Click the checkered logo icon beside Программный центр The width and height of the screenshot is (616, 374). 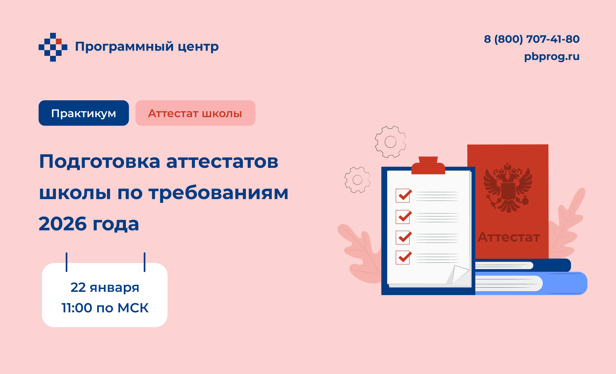coord(53,47)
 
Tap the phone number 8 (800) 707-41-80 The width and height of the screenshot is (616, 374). coord(532,39)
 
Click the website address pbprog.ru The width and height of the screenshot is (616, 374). coord(552,57)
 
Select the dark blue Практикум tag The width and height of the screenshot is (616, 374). coord(84,113)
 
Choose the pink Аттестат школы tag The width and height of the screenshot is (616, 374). coord(195,113)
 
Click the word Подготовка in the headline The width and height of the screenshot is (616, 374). coord(100,162)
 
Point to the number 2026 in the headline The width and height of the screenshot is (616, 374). coord(63,224)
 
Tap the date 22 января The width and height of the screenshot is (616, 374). coord(105,287)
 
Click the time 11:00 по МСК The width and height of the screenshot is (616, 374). coord(105,308)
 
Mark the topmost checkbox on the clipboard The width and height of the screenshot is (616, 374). coord(403,196)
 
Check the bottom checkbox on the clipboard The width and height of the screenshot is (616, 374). coord(403,258)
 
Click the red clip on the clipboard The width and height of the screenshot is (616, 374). coord(428,165)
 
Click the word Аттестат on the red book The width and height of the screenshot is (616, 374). coord(509,237)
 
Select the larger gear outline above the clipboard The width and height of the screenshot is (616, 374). coord(390,142)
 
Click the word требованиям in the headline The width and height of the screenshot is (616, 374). coord(218,193)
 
